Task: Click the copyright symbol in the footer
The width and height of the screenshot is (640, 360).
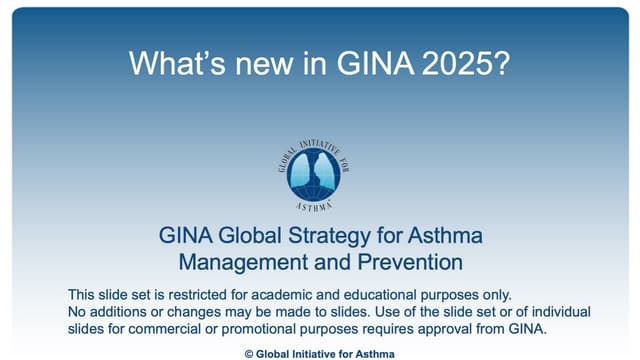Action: [249, 353]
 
